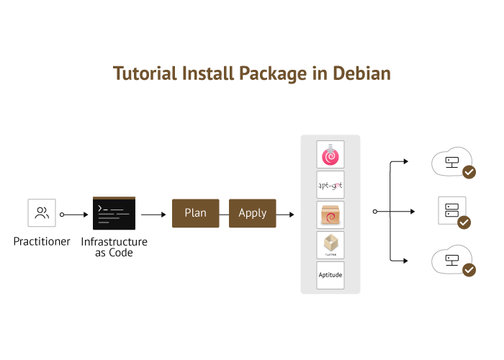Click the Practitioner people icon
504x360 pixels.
click(x=42, y=213)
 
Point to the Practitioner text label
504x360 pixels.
click(x=42, y=242)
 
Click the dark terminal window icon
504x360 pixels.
click(x=114, y=213)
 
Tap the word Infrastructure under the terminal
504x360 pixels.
click(x=114, y=242)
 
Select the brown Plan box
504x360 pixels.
click(x=195, y=213)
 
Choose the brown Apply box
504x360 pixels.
click(x=252, y=213)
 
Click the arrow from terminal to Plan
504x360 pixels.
click(x=153, y=214)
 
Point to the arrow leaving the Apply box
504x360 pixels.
click(x=286, y=214)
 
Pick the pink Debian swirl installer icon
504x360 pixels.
click(x=330, y=155)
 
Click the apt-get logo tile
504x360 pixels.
click(x=330, y=185)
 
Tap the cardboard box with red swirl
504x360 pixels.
click(x=330, y=215)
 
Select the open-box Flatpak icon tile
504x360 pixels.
click(x=330, y=246)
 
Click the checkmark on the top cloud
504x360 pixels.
click(x=469, y=172)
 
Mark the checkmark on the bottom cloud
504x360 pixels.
click(x=469, y=270)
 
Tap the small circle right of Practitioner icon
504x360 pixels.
click(x=62, y=214)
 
